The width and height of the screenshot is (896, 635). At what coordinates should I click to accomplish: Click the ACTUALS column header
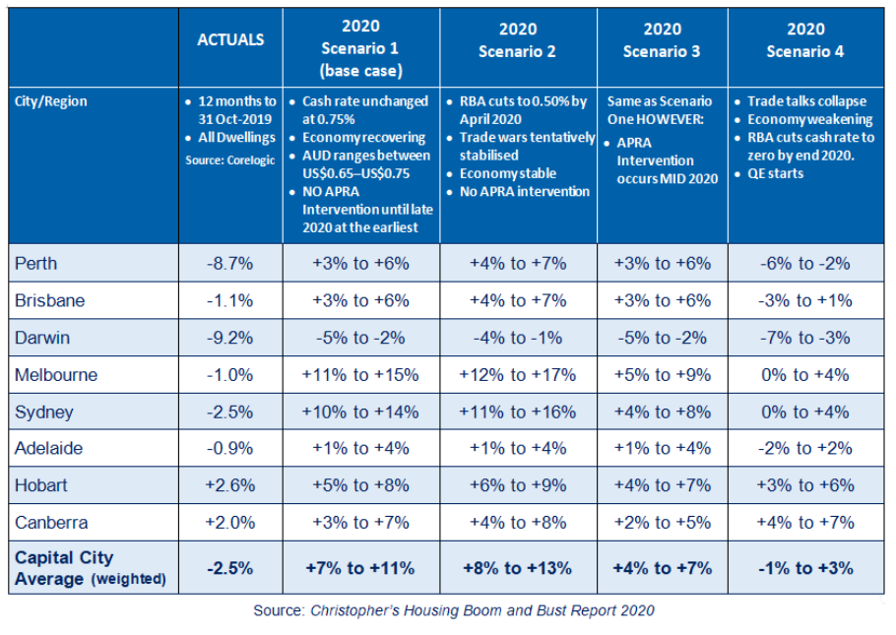pos(230,40)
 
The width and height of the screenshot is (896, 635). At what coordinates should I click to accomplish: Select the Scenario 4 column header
pos(804,40)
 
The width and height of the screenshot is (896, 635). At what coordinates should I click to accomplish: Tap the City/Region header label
pos(51,101)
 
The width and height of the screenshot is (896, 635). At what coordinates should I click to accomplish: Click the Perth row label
pos(36,264)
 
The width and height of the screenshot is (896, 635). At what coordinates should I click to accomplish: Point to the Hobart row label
pos(41,485)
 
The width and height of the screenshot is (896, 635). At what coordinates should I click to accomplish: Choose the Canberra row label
pos(49,522)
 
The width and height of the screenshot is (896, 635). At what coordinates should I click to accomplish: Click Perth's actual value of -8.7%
pos(231,264)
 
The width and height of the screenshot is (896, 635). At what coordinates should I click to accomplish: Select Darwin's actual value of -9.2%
pos(231,338)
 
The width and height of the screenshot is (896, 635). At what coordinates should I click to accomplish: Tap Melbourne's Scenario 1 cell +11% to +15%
pos(360,375)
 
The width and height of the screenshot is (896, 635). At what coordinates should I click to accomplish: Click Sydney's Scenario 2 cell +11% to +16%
pos(518,412)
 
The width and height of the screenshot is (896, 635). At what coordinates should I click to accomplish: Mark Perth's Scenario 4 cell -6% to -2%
pos(805,264)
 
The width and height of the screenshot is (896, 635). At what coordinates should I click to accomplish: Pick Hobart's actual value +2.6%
pos(231,485)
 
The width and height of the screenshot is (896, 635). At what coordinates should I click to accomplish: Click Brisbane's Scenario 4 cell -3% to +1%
pos(805,301)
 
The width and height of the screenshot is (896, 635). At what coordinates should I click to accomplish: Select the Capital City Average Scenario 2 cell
pos(518,568)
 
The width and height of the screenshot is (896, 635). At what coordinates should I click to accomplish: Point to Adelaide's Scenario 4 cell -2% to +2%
pos(805,448)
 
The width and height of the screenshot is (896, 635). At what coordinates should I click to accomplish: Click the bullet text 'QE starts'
pos(775,173)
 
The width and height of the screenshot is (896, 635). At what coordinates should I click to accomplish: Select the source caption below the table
pos(453,610)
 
